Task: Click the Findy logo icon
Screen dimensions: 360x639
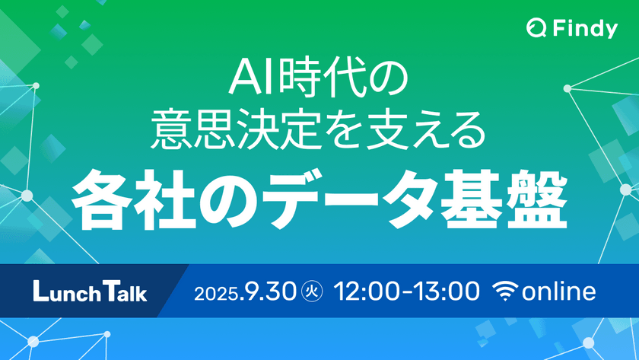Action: click(x=536, y=29)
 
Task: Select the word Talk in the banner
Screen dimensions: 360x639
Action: click(x=122, y=291)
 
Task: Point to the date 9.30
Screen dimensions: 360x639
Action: click(x=272, y=291)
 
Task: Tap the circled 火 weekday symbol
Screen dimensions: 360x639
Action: click(x=311, y=291)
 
